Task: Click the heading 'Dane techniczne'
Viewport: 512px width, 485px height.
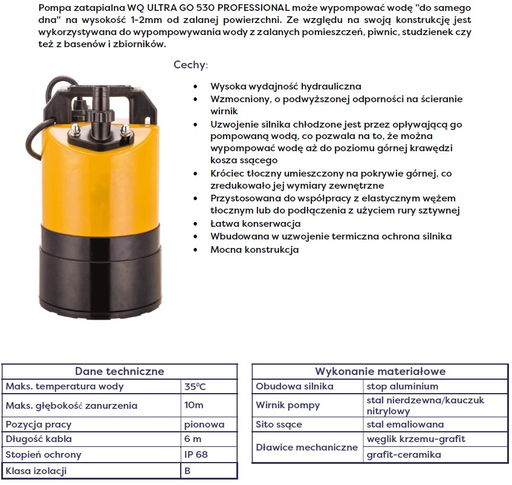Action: (x=119, y=371)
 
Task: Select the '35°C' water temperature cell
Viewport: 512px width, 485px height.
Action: (x=195, y=386)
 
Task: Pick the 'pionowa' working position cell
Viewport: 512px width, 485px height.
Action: (x=204, y=425)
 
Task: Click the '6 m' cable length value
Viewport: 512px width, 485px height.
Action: (x=193, y=440)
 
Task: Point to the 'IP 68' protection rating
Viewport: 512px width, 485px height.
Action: (x=196, y=455)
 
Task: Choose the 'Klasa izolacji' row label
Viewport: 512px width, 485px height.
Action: (x=36, y=470)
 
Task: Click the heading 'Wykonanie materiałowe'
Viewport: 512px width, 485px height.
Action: (x=380, y=371)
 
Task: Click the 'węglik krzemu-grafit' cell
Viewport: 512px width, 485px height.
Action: (x=416, y=439)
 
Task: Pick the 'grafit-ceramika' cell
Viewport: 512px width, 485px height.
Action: (x=404, y=455)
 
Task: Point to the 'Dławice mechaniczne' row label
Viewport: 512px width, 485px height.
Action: (x=306, y=448)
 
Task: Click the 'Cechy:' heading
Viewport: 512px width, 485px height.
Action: (x=190, y=65)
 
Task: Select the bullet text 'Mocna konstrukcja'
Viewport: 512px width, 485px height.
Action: (x=254, y=249)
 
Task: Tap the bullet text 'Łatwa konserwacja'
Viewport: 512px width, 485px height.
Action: (x=255, y=224)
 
